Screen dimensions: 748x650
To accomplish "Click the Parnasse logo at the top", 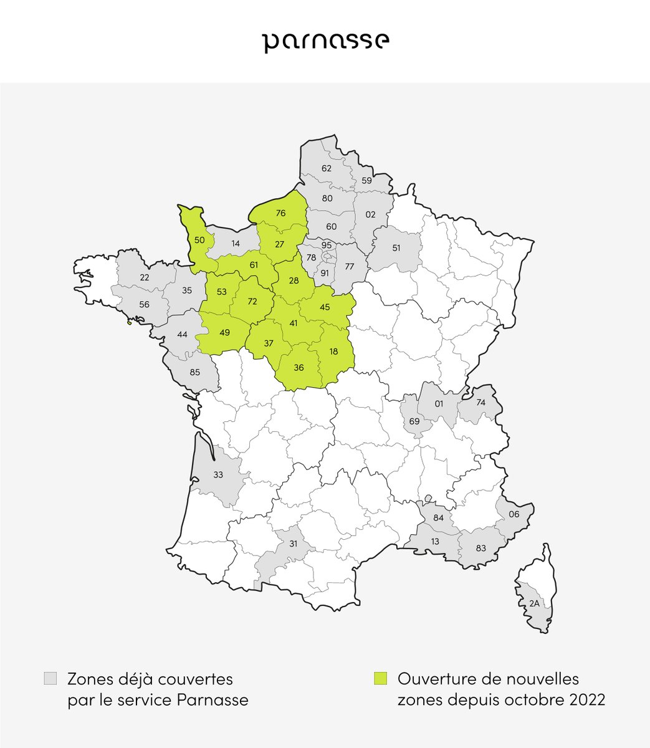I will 325,42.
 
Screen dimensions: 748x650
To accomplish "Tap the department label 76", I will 280,213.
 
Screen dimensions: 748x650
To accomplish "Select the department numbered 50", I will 199,240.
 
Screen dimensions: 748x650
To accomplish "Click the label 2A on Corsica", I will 534,603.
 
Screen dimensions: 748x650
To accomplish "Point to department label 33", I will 217,475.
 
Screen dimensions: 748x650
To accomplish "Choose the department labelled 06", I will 514,514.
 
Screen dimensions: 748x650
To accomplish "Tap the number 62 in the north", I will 326,168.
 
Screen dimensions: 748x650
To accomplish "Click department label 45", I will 325,307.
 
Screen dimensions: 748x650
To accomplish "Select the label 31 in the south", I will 293,544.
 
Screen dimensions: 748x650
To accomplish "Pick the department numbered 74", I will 480,403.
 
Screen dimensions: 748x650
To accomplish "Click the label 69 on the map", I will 414,421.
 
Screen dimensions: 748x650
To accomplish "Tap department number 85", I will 194,373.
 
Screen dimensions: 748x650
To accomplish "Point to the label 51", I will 396,247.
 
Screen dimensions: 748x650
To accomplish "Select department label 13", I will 435,541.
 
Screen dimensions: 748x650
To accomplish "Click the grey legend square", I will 50,678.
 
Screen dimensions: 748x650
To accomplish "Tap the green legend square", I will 380,678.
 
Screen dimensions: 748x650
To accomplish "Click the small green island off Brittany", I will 130,322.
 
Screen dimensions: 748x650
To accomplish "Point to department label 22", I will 145,277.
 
